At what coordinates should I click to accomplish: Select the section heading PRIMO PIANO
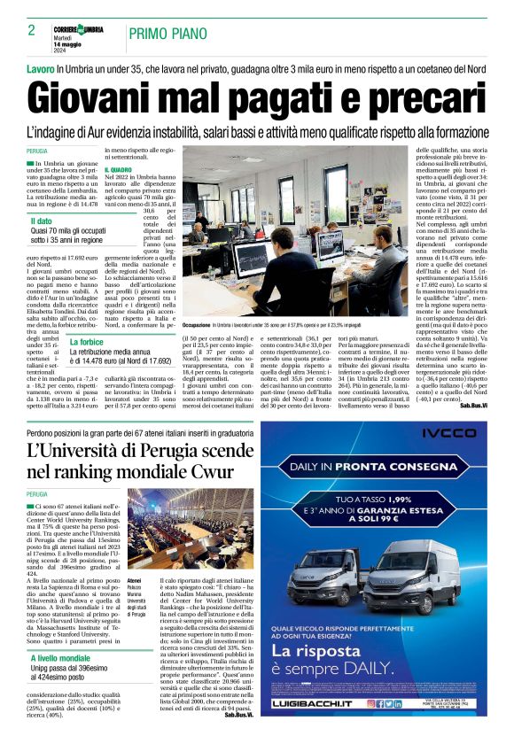tap(166, 34)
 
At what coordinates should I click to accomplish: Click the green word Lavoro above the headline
tap(41, 68)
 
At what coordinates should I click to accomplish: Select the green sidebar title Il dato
tap(42, 221)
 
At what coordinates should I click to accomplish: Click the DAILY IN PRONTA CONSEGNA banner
tap(373, 466)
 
